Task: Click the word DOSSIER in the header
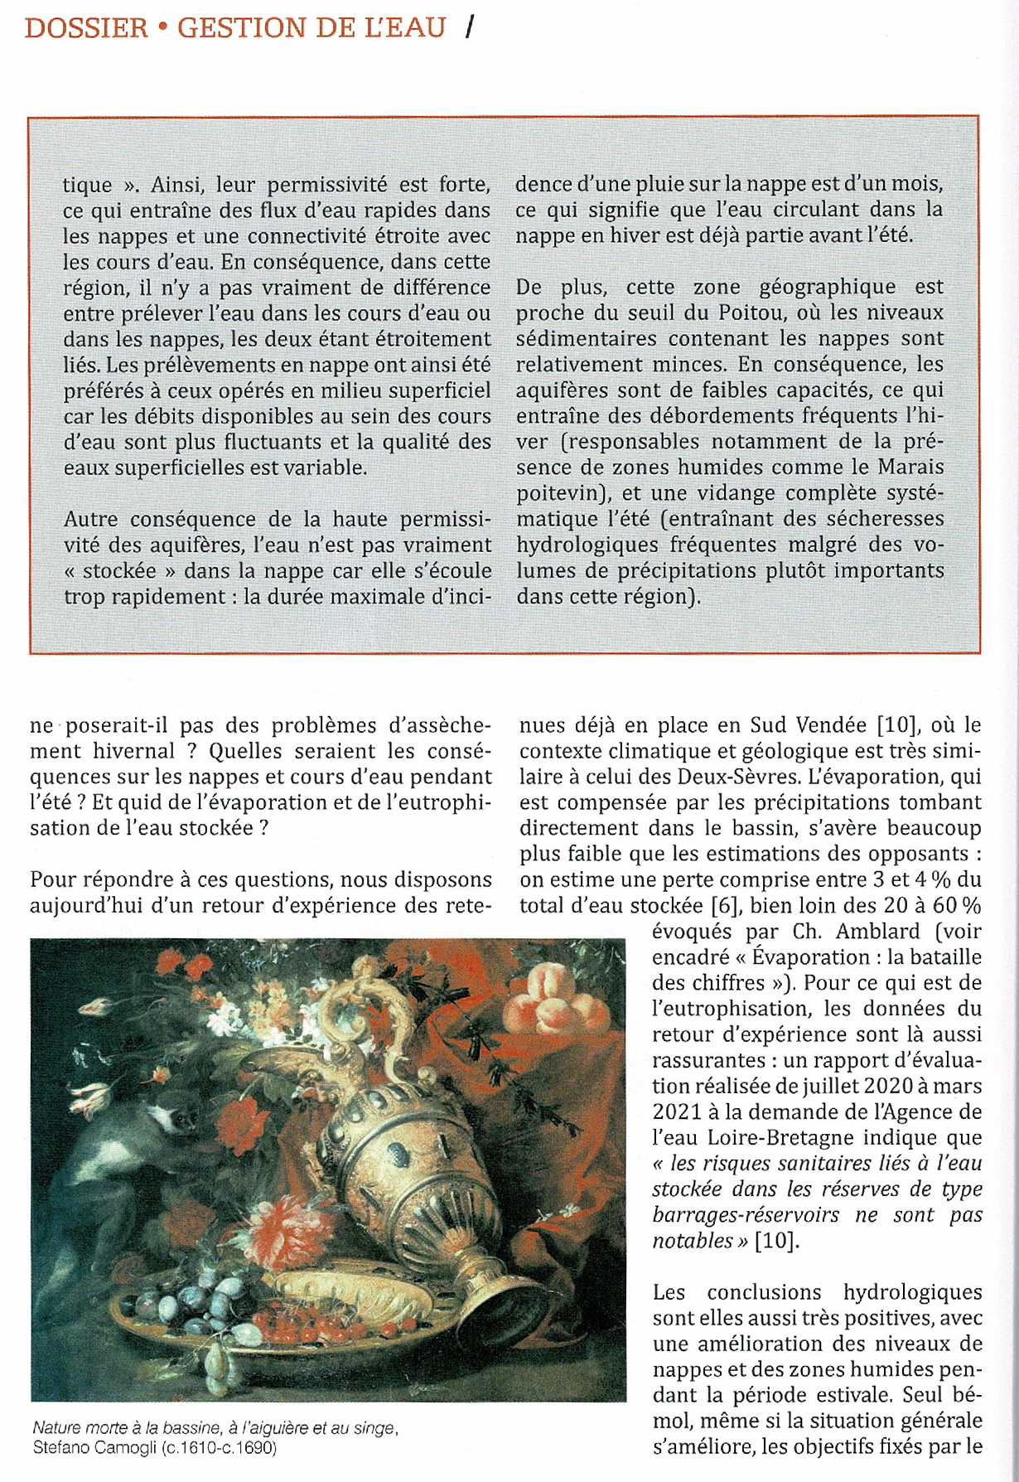tap(86, 27)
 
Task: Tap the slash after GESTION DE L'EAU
tap(470, 27)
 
